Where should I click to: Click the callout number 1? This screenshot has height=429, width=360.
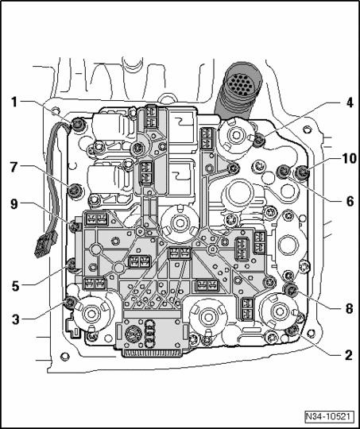[x=14, y=102]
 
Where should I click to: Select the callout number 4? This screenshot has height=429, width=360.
[x=349, y=104]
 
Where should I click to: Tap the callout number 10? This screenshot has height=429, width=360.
[x=349, y=159]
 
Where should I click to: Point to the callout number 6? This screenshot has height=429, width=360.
[x=350, y=202]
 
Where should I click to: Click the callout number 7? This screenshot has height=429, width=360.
[x=14, y=168]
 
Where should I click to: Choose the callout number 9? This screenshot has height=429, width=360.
[x=14, y=204]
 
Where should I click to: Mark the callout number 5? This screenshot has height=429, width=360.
[x=16, y=286]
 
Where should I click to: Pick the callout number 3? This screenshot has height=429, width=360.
[x=16, y=319]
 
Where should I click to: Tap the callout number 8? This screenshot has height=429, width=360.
[x=349, y=309]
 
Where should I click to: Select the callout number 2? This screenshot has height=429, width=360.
[x=349, y=355]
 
